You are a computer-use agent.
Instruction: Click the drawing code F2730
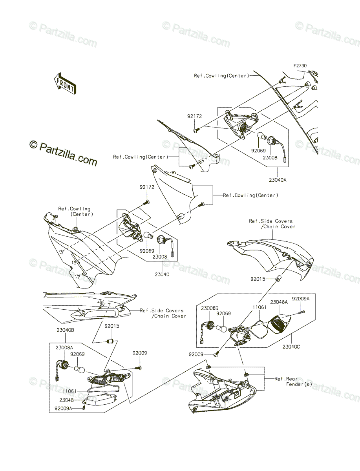pyautogui.click(x=300, y=66)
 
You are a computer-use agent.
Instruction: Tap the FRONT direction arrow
pyautogui.click(x=65, y=83)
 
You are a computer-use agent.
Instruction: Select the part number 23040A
pyautogui.click(x=278, y=180)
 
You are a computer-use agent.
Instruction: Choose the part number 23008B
pyautogui.click(x=210, y=308)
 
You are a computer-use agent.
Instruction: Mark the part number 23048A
pyautogui.click(x=279, y=302)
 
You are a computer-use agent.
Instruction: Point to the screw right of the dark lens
pyautogui.click(x=300, y=312)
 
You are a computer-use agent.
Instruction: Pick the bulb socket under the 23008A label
pyautogui.click(x=62, y=367)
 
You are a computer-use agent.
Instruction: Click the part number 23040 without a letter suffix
pyautogui.click(x=162, y=274)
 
